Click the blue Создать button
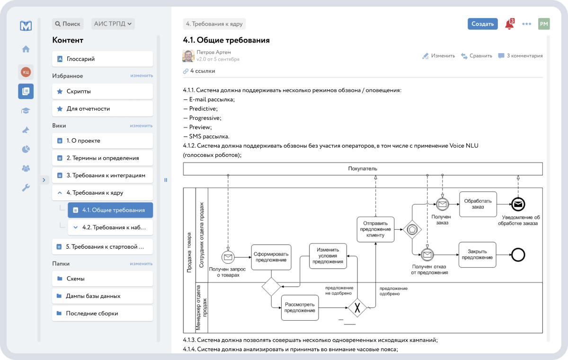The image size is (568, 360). coord(483,24)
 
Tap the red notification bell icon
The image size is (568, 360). coord(509,24)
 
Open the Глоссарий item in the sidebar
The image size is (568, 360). coord(102,59)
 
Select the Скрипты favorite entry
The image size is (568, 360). coord(102,91)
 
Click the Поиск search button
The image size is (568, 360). coord(68,24)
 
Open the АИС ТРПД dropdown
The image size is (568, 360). coord(113,24)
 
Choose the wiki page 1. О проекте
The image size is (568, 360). coord(102,141)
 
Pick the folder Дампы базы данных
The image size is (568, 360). coord(102,296)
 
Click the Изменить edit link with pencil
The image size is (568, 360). coord(438,56)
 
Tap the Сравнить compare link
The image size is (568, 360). coord(477,56)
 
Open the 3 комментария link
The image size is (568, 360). coord(520,56)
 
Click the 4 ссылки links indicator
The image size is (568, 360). coord(199,71)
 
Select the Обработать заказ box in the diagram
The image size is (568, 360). coord(478,204)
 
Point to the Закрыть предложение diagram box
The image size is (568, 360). coord(478,255)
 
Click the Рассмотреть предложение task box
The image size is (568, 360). coord(300,307)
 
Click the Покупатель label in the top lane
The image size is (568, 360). coord(363,169)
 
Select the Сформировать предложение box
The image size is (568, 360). coord(271,257)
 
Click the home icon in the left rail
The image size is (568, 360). coord(26,49)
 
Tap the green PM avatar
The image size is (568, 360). coord(544,24)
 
